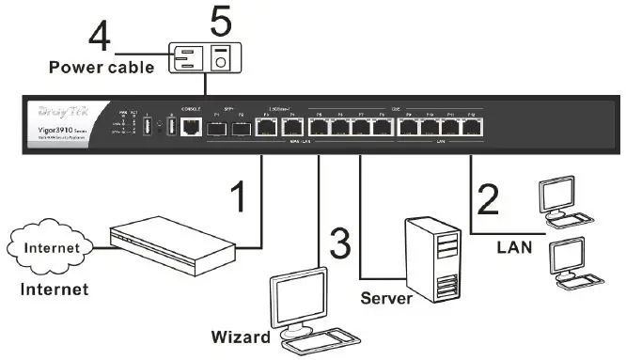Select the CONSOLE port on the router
191,126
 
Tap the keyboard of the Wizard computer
320,343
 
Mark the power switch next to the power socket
220,57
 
